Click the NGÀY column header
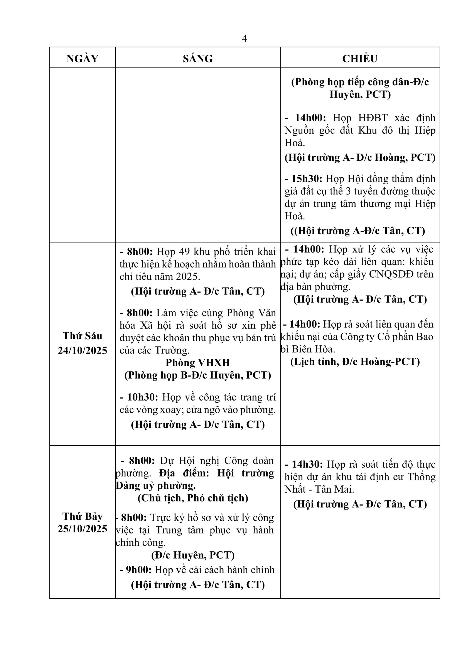82,59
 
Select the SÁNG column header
198,59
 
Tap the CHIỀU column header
360,59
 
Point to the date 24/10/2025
83,350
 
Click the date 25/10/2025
83,528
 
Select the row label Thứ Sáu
83,336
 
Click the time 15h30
307,179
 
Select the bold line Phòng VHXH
198,363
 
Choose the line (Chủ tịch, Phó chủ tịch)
193,498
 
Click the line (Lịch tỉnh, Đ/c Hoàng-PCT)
355,362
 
